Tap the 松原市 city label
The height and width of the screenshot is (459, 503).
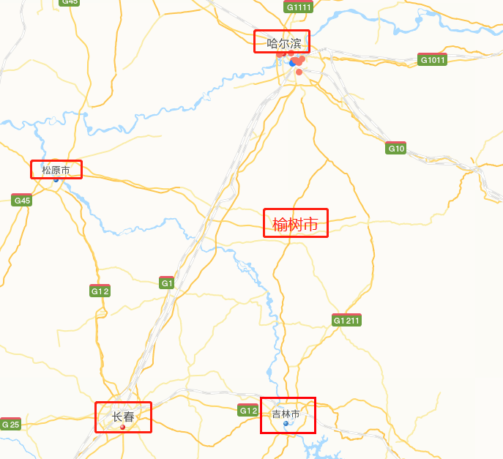pos(56,171)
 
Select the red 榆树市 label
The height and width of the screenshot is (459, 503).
pos(295,224)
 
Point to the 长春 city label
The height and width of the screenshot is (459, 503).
pos(123,417)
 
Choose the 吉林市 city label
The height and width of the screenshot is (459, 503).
pos(286,414)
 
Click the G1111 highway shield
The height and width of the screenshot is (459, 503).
pos(299,7)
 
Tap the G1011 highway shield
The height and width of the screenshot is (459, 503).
pos(432,59)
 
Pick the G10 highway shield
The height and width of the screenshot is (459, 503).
pos(396,149)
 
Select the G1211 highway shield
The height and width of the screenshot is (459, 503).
pos(346,320)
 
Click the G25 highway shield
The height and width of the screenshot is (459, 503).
pos(10,424)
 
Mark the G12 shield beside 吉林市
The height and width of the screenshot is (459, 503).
pos(248,411)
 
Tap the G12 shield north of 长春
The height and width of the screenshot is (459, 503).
pos(100,291)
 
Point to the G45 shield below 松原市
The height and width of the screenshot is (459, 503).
pos(22,200)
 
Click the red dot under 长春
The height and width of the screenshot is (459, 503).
pos(123,427)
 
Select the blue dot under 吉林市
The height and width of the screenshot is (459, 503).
pos(286,423)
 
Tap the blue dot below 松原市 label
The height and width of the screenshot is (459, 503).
pos(56,179)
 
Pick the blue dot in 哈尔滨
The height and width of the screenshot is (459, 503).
pos(293,64)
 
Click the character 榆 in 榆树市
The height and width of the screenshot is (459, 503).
pos(280,224)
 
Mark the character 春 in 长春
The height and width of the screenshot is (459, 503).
pos(129,417)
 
